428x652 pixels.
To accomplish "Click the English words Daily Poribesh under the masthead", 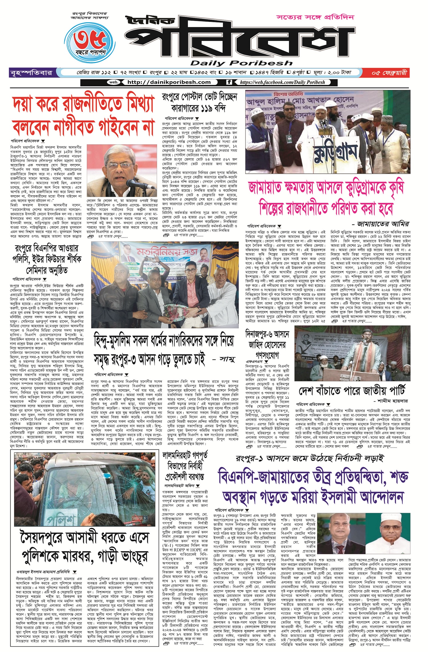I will pyautogui.click(x=238, y=63).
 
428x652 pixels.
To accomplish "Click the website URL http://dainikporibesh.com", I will pyautogui.click(x=169, y=82).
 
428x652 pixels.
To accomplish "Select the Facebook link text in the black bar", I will pyautogui.click(x=282, y=82).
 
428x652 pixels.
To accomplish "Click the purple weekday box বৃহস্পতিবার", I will pyautogui.click(x=31, y=73).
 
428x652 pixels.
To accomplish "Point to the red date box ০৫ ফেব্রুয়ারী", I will pyautogui.click(x=389, y=73).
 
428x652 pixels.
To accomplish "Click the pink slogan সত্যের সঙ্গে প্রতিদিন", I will pyautogui.click(x=315, y=18).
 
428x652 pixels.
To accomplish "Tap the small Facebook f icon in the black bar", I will pyautogui.click(x=229, y=82).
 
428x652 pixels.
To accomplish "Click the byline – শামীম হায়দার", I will pyautogui.click(x=391, y=401).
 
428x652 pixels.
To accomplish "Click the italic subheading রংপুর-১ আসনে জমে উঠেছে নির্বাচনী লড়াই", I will pyautogui.click(x=310, y=458).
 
